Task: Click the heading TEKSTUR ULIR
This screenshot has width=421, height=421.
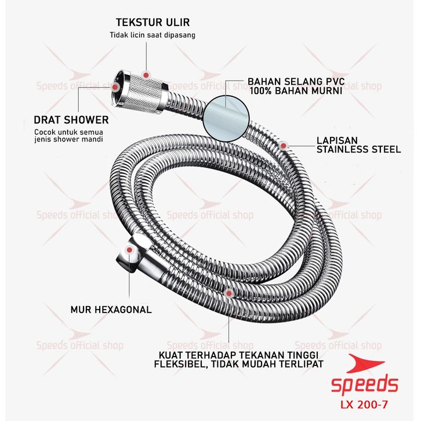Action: [x=153, y=22]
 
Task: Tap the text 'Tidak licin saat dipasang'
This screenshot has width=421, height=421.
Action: [x=153, y=35]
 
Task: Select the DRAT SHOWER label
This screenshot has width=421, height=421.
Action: [x=71, y=120]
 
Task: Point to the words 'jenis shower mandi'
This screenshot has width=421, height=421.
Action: [x=68, y=139]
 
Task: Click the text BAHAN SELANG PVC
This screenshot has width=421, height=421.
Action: [x=296, y=81]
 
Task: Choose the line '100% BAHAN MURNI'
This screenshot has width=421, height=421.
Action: [x=296, y=90]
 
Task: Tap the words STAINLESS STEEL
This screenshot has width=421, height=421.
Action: [x=359, y=149]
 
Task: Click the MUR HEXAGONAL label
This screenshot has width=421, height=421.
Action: [x=111, y=310]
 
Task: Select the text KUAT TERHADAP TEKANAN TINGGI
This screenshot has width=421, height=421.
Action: [x=238, y=355]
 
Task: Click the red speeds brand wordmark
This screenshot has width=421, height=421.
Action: [x=364, y=384]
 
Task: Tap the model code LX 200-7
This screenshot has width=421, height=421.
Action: [x=364, y=404]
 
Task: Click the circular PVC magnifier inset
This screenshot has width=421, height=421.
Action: [x=226, y=118]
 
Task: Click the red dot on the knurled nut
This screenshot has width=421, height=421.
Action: [x=146, y=75]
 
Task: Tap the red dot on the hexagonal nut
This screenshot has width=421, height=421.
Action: [x=129, y=250]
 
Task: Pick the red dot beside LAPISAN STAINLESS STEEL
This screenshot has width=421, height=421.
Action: [x=283, y=146]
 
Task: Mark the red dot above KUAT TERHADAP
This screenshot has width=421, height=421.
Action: [x=228, y=293]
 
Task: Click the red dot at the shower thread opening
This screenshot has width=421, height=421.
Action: [x=115, y=87]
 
